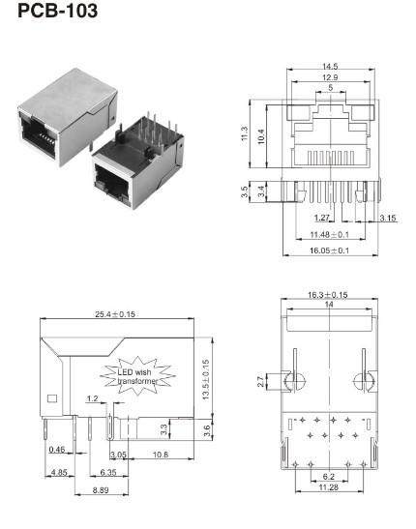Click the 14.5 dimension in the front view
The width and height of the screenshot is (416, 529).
(330, 67)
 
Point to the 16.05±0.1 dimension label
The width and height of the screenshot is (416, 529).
(329, 250)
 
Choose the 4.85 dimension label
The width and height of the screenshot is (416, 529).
(58, 473)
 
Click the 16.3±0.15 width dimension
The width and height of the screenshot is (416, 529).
(329, 293)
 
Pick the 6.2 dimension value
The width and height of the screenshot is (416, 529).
(330, 477)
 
